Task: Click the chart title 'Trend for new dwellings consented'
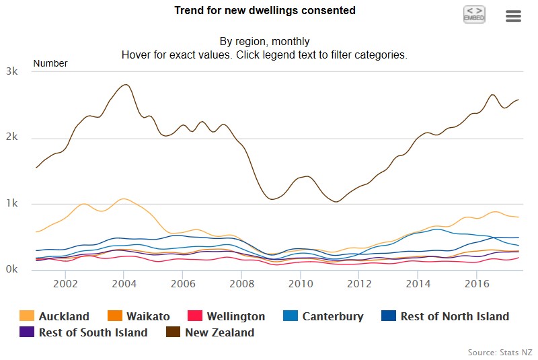265,11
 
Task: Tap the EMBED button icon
474,14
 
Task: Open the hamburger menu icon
513,16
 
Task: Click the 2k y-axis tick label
11,138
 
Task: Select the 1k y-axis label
11,204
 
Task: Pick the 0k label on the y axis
11,270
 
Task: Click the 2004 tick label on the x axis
124,284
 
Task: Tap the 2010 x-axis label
300,284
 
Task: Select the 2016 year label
476,284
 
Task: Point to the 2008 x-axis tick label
241,284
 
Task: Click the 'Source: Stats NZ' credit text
499,352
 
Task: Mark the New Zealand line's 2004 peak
125,85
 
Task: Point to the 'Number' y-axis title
50,63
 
